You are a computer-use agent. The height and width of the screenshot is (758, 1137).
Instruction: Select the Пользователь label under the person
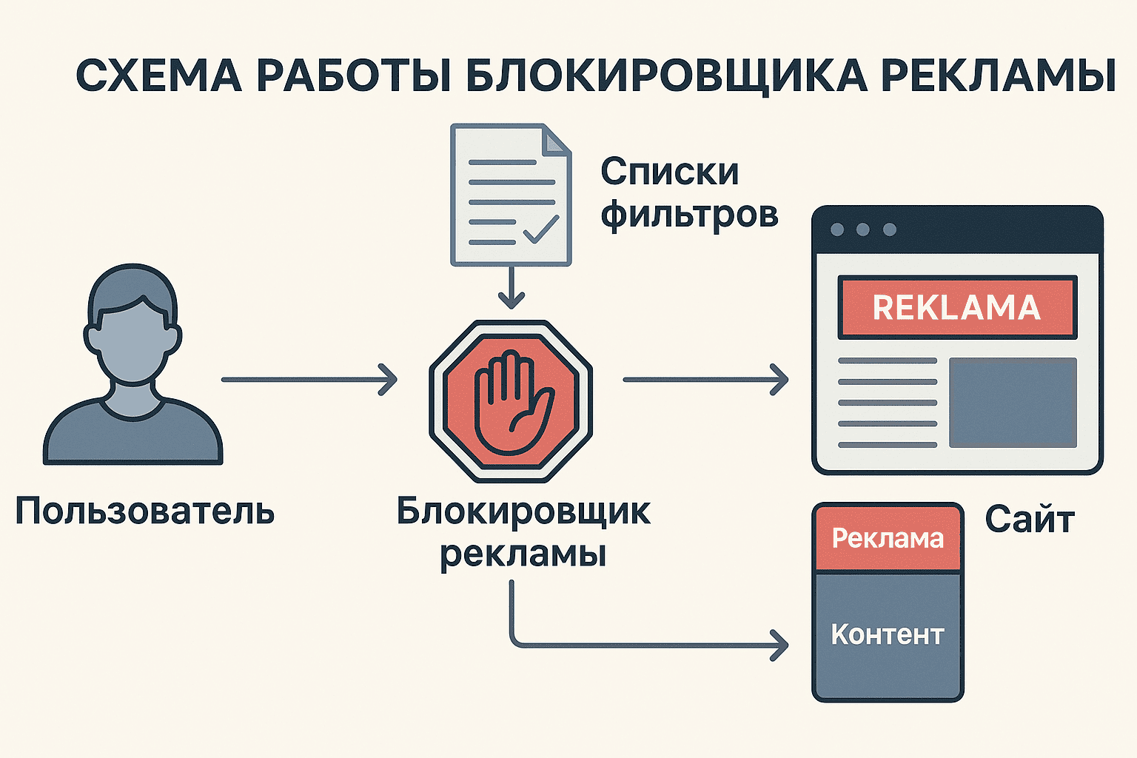tap(145, 511)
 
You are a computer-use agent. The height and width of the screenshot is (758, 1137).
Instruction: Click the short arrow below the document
tap(511, 289)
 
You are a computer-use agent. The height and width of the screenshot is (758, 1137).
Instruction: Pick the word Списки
tap(669, 172)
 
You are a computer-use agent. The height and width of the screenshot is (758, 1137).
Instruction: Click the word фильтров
tap(689, 215)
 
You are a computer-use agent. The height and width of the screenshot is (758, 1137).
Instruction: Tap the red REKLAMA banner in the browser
tap(956, 307)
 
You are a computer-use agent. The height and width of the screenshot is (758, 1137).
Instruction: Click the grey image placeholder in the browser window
tap(1013, 403)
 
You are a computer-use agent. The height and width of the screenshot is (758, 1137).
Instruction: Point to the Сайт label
tap(1029, 520)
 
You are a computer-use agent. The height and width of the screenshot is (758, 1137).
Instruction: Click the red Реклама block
tap(888, 538)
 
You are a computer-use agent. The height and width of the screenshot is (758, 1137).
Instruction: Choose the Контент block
tap(888, 635)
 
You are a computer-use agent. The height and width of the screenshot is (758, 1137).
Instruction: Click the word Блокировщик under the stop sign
tap(523, 511)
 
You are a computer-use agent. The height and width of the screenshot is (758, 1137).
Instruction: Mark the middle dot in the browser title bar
tap(862, 229)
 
